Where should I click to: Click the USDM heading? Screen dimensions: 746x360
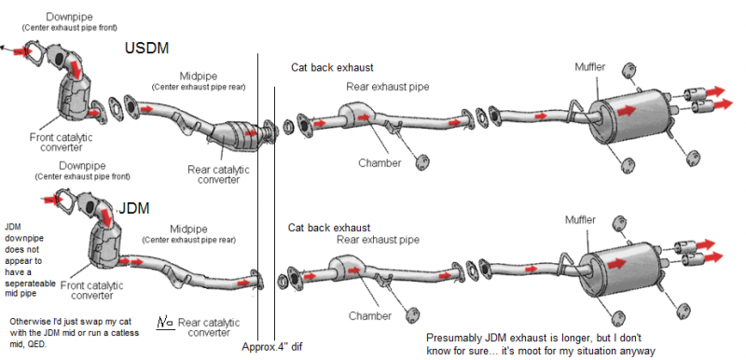point(146,48)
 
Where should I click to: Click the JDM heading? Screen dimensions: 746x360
point(133,208)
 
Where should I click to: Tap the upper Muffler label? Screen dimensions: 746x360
point(590,67)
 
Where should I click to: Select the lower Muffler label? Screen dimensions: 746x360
point(580,220)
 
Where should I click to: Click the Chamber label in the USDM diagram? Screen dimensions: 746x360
point(380,163)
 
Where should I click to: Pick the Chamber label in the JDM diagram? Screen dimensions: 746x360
point(370,316)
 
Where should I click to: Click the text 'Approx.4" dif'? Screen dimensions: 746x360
point(271,347)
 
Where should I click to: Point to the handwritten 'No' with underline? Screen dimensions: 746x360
point(166,323)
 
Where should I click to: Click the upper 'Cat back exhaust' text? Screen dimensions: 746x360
point(332,67)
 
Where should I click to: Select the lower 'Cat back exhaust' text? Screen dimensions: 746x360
point(329,228)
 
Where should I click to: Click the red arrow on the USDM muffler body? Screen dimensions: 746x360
point(627,111)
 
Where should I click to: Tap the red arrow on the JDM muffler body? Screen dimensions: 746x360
point(616,263)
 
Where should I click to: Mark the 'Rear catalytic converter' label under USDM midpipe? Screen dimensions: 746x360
point(218,174)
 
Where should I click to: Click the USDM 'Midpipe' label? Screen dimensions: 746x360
point(199,76)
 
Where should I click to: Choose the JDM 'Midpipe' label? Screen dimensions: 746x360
point(188,229)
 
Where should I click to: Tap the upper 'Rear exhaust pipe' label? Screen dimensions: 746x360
point(388,87)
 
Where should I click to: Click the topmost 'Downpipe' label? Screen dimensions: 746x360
point(69,17)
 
